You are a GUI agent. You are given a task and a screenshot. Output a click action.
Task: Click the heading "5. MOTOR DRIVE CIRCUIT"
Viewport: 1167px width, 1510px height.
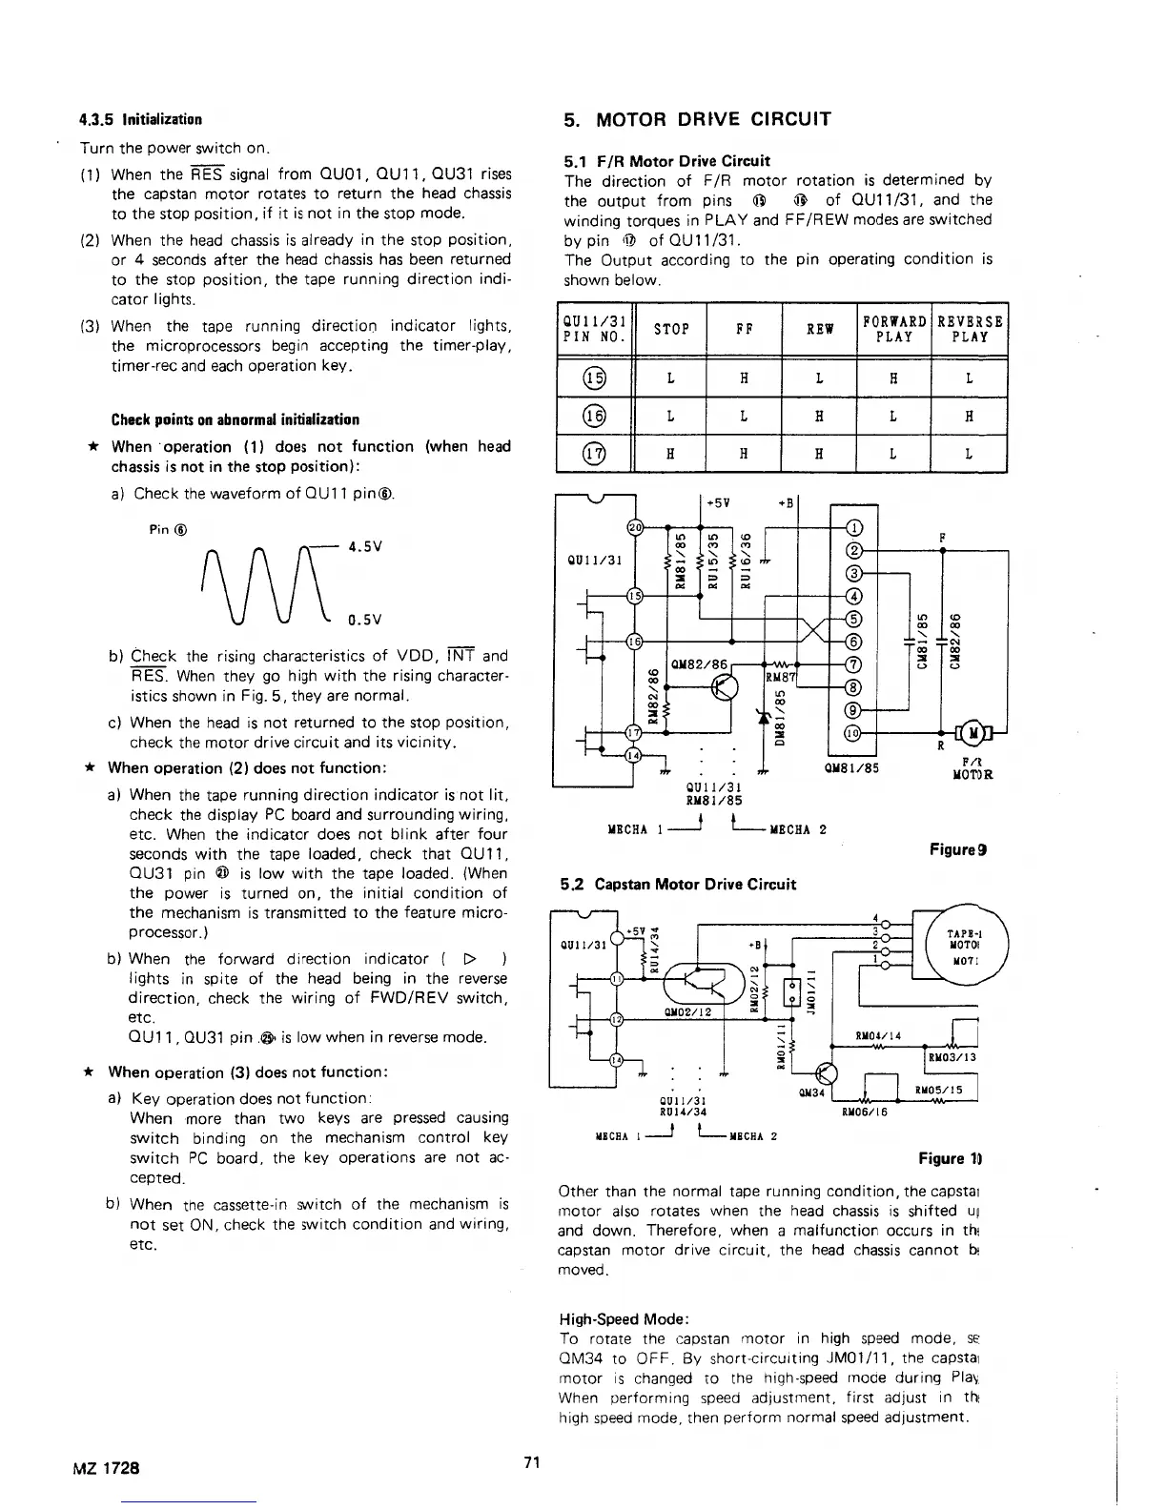pos(697,119)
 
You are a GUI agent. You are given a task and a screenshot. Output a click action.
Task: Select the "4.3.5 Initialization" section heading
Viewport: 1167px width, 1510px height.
pos(140,120)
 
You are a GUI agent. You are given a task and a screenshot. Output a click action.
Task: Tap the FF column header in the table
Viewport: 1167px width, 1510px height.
pos(744,330)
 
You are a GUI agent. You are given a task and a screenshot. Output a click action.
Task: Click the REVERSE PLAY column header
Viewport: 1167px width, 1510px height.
pos(969,330)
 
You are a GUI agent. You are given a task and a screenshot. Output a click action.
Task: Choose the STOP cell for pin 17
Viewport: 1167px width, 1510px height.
pos(670,455)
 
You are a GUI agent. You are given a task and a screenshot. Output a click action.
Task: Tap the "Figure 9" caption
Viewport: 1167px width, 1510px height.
pos(957,848)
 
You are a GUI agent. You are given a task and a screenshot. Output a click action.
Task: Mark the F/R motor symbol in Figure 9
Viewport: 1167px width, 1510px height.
pos(973,732)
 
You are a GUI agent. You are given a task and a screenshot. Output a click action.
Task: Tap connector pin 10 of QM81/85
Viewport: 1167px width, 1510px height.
pos(854,733)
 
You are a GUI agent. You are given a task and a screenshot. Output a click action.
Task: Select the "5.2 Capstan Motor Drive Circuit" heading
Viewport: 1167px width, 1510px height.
pos(678,884)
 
